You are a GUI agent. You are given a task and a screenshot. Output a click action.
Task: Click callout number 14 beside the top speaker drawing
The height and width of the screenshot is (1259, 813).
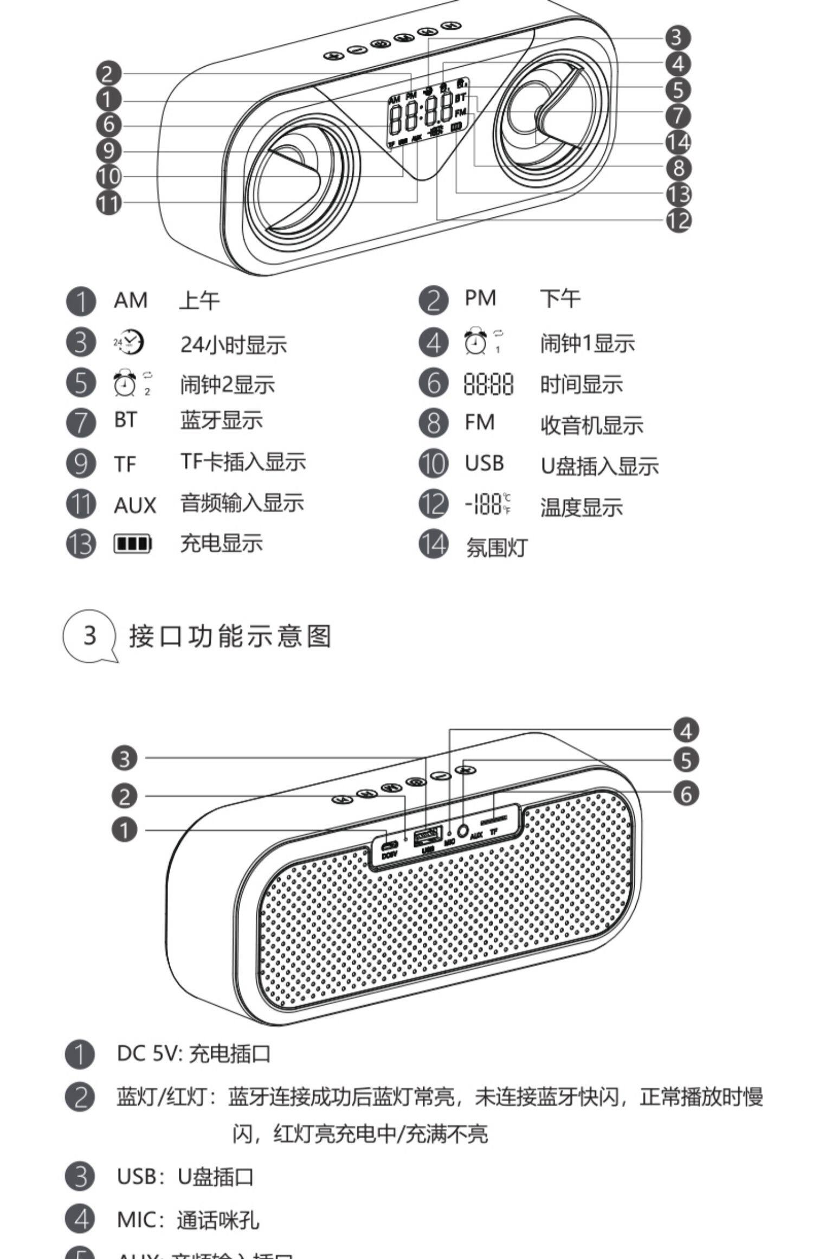[678, 142]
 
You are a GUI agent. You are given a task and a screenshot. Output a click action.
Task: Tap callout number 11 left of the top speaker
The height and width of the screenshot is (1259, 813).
[109, 202]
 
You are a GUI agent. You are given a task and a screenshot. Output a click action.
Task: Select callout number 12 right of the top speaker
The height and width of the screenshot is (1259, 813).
[679, 220]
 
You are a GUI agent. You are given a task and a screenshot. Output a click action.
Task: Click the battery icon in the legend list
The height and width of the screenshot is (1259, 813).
[132, 544]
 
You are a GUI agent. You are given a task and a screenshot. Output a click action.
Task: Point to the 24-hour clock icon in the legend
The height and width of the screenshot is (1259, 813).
[129, 342]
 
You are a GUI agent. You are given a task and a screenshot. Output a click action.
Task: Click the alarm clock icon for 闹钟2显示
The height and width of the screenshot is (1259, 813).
[125, 383]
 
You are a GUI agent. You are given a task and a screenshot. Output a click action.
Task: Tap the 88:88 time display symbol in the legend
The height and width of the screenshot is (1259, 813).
[488, 384]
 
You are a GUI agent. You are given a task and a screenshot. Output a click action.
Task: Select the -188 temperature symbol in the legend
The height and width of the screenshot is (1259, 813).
[488, 504]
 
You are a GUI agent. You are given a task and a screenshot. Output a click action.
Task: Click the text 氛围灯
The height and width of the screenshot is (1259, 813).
[496, 547]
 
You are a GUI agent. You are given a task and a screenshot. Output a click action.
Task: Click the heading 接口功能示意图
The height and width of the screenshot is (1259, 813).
[230, 636]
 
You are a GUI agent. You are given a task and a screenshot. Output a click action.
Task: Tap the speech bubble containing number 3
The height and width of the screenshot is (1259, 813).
[90, 636]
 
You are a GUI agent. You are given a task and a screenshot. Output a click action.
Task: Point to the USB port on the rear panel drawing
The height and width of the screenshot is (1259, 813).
[428, 836]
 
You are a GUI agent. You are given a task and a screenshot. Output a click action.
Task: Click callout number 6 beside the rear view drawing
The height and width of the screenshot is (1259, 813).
[686, 794]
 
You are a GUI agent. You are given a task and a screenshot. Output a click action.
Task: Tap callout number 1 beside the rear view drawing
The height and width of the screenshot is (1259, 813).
[125, 830]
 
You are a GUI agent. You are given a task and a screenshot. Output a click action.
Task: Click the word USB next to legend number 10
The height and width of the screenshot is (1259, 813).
[484, 464]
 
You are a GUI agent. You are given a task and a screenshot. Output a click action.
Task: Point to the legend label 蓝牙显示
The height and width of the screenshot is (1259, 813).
[222, 421]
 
